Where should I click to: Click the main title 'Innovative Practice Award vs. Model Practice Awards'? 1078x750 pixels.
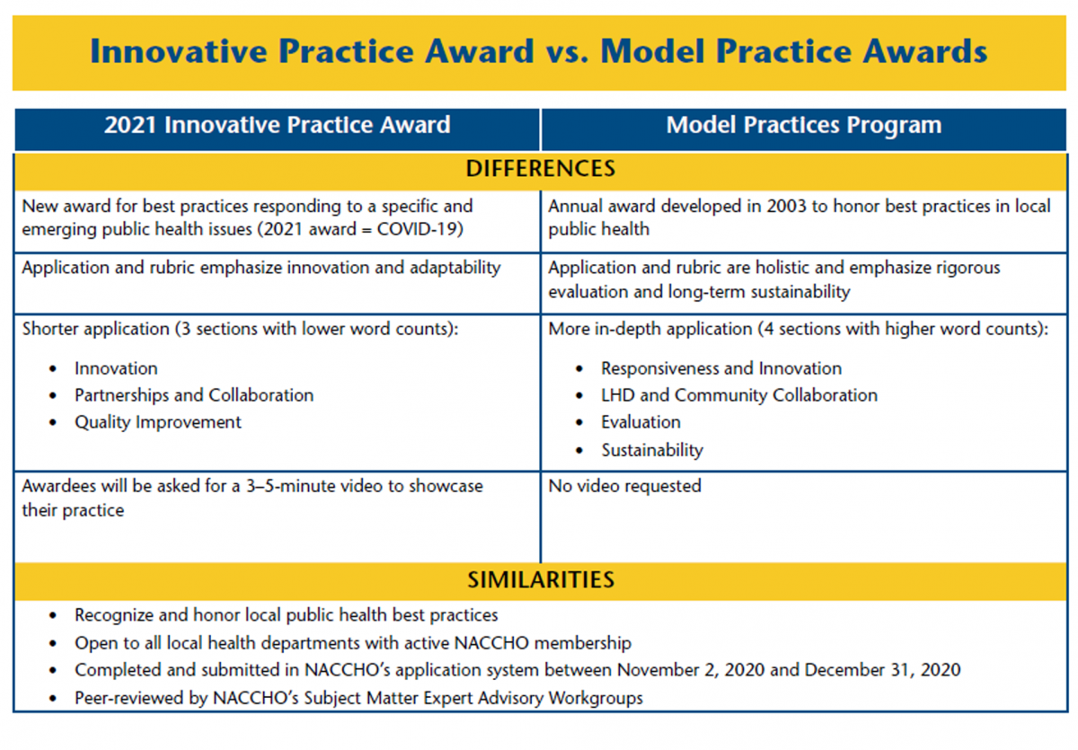coord(539,51)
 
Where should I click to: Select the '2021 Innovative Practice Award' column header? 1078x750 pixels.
coord(277,125)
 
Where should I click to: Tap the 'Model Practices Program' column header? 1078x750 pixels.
coord(803,125)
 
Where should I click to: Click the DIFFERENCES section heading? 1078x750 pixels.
coord(540,169)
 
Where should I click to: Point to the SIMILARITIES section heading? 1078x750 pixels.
coord(540,580)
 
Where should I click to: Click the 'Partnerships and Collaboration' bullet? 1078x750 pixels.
coord(194,395)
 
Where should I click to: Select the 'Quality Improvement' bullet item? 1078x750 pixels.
coord(158,422)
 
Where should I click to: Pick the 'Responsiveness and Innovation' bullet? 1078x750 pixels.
coord(721,368)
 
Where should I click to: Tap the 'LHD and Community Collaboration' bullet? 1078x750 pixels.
coord(739,395)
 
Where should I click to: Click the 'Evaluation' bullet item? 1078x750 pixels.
coord(641,422)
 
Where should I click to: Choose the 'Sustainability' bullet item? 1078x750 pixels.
coord(651,450)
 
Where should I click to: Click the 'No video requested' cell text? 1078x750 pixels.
coord(624,486)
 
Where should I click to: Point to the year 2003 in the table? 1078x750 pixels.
coord(791,207)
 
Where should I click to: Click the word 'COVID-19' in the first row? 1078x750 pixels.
coord(423,229)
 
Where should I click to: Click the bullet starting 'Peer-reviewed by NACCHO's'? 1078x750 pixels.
coord(358,698)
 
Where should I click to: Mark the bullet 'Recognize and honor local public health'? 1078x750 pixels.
coord(286,615)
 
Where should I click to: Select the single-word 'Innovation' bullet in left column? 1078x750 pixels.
coord(116,368)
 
